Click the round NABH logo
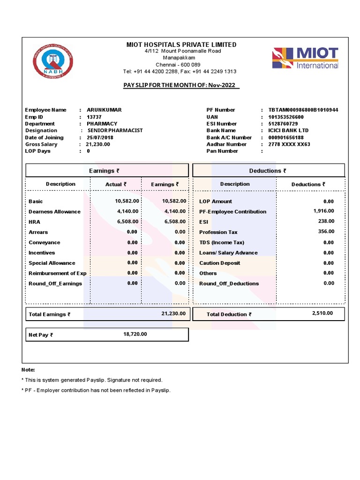tap(53, 61)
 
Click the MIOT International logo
tap(305, 58)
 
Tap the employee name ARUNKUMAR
tap(104, 110)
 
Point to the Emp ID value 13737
tap(94, 117)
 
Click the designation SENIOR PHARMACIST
tap(115, 130)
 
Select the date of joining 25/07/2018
tap(100, 137)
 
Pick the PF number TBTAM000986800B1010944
tap(303, 110)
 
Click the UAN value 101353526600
tap(286, 117)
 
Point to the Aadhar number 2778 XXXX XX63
tap(289, 144)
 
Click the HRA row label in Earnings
tap(35, 222)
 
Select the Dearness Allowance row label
tap(54, 211)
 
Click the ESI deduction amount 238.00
tap(326, 221)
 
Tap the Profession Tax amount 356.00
tap(326, 231)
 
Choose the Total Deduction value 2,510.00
tap(322, 313)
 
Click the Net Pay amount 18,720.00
tap(135, 334)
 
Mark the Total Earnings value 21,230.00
tap(173, 313)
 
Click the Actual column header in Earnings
tap(116, 184)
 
